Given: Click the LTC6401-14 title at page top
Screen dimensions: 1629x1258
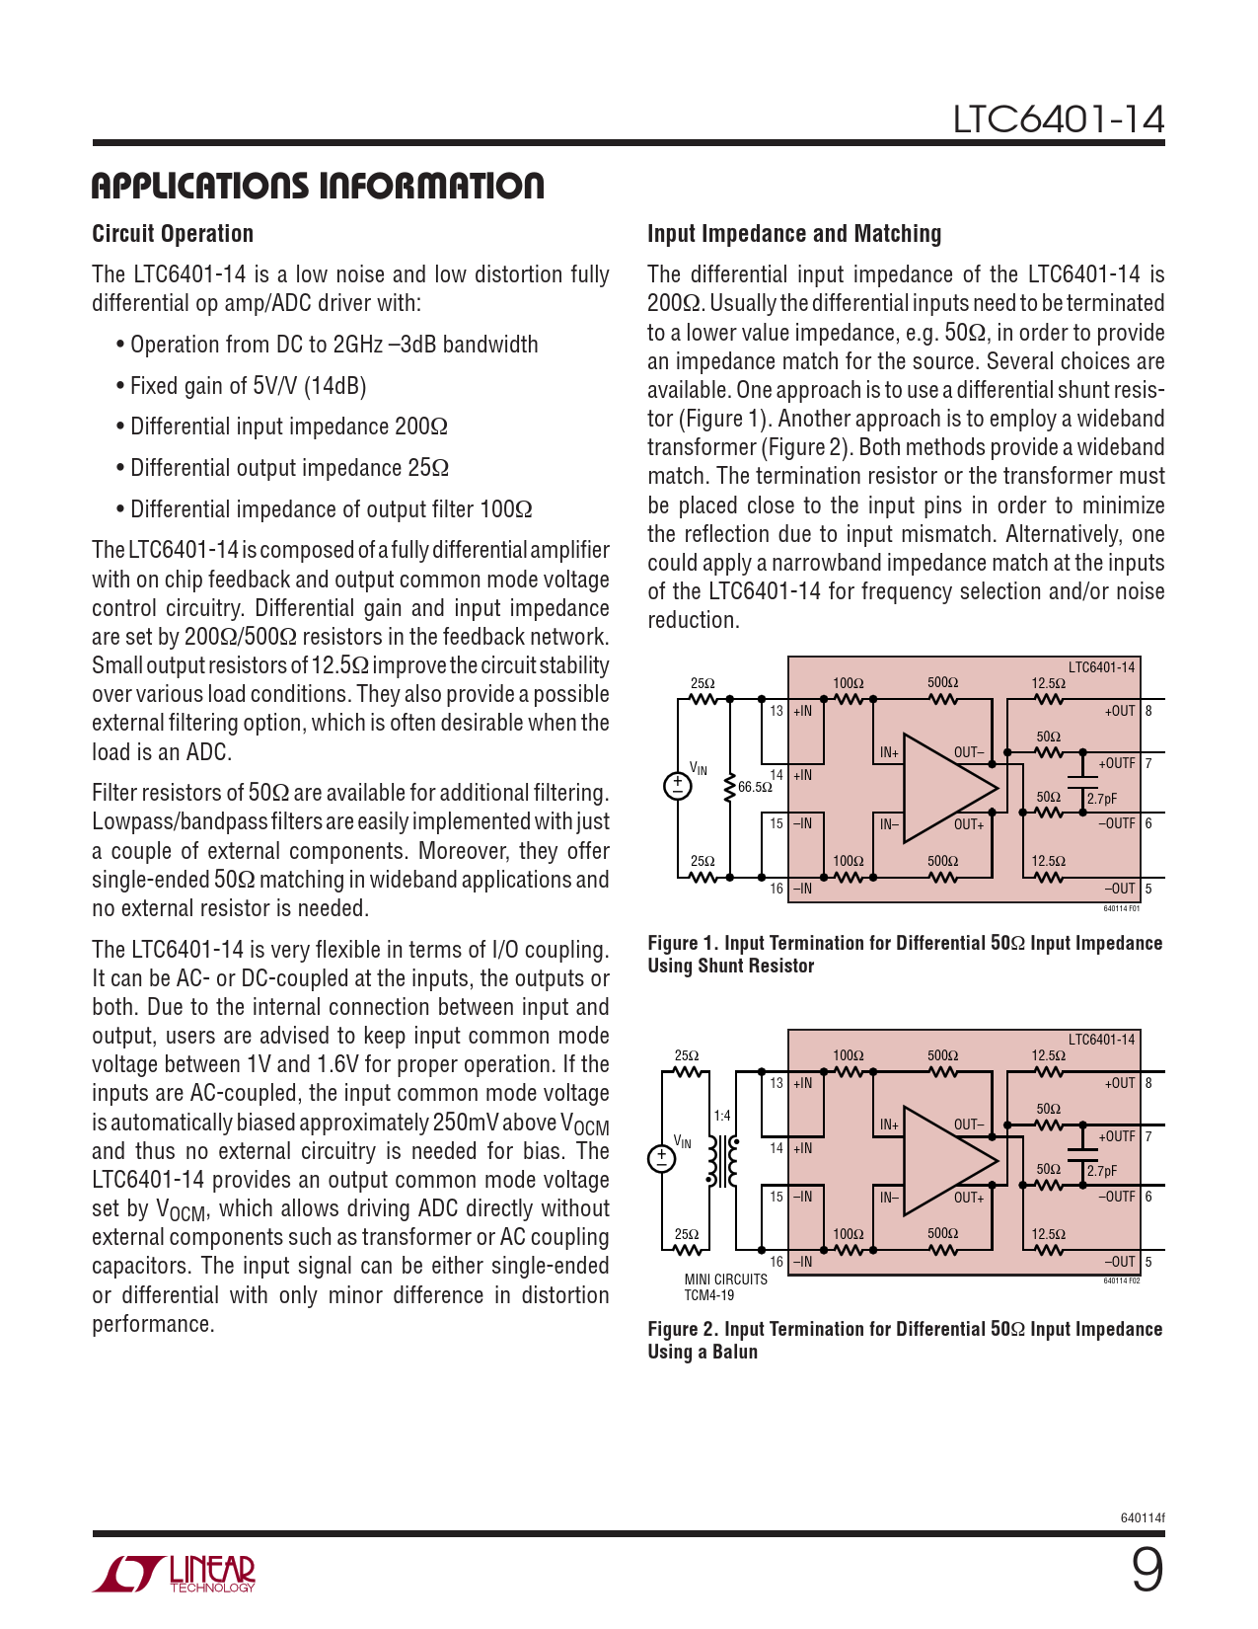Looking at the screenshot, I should tap(1058, 119).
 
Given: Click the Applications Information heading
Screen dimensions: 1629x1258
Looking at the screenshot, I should tap(317, 186).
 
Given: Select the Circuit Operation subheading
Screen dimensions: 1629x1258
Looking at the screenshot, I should tap(173, 234).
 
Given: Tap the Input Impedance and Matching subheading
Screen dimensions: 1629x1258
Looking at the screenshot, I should tap(793, 234).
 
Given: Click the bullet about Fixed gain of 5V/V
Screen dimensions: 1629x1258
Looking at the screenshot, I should tap(248, 386).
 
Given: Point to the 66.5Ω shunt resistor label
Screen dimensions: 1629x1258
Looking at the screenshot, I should tap(755, 787).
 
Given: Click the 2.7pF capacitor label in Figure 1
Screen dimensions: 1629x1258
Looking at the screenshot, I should tap(1102, 799).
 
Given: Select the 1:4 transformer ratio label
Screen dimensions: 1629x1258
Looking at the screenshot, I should tap(722, 1116).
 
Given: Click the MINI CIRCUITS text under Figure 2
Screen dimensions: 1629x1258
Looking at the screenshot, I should tap(725, 1280).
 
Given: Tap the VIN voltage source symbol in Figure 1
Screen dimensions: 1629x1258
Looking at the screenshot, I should tap(678, 785).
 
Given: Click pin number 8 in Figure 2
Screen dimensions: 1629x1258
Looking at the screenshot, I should tap(1148, 1083).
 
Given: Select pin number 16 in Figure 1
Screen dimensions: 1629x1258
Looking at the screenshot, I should tap(777, 889).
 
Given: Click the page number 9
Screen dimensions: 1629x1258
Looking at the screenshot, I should tap(1147, 1570).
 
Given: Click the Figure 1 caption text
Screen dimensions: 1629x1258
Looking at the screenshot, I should tap(904, 954).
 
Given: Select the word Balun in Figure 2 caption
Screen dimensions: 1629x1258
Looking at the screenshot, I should tap(735, 1352).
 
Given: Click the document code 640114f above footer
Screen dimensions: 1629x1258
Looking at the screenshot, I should tap(1142, 1517).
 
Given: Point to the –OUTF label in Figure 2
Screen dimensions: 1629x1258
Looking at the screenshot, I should tap(1117, 1197).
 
